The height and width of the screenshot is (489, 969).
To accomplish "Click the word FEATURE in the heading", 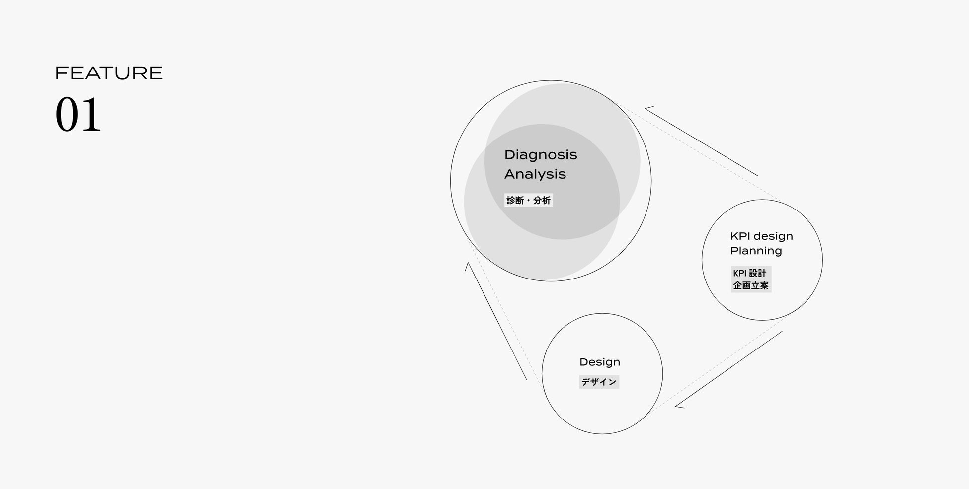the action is click(x=109, y=73).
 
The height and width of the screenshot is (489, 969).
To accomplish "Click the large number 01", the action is click(x=78, y=115).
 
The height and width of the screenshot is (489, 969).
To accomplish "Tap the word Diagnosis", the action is click(x=541, y=155).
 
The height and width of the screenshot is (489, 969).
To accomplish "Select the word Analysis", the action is click(x=535, y=174).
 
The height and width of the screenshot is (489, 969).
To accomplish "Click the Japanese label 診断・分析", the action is click(x=528, y=200).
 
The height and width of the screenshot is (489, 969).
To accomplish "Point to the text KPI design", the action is click(x=761, y=236).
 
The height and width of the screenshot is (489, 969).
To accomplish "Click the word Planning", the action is click(x=756, y=251).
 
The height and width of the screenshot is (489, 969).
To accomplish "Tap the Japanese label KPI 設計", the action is click(x=750, y=273).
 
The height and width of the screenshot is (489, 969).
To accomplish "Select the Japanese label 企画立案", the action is click(x=751, y=285).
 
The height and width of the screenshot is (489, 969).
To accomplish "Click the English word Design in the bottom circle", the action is click(x=600, y=362).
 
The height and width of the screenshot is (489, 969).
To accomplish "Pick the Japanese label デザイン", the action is click(x=599, y=382).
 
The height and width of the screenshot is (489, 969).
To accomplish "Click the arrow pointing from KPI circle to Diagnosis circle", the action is click(x=702, y=141).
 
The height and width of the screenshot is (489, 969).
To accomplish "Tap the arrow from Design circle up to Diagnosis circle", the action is click(x=496, y=321).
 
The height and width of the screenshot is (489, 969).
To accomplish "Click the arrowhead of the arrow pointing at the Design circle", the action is click(x=679, y=406).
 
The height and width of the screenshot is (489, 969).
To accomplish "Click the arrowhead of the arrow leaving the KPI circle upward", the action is click(x=648, y=108).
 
